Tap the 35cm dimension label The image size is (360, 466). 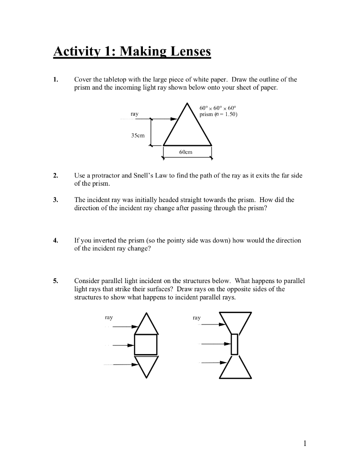click(x=137, y=135)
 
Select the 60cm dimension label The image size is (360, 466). click(x=186, y=152)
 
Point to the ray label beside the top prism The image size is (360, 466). click(x=134, y=113)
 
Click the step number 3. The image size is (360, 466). click(x=55, y=200)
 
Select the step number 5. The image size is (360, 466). click(x=55, y=281)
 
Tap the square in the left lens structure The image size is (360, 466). click(x=146, y=344)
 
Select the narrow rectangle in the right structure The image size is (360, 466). click(x=234, y=344)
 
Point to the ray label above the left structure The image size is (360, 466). click(x=109, y=317)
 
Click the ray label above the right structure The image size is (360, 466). click(x=197, y=318)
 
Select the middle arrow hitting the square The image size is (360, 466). click(x=123, y=345)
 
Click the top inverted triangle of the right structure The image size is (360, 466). click(x=235, y=320)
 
